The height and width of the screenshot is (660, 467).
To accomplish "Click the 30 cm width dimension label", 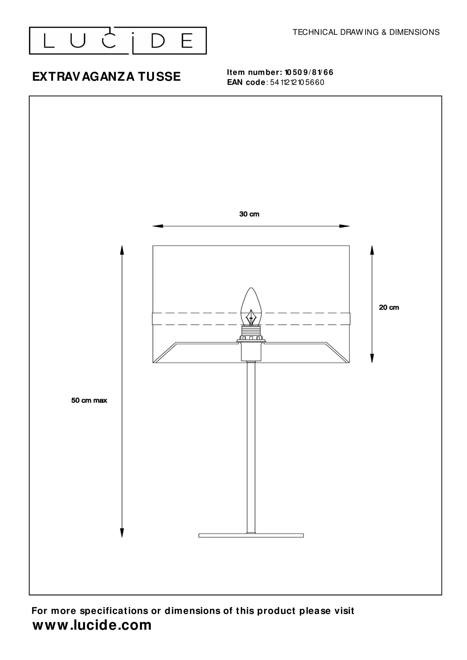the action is (x=249, y=214).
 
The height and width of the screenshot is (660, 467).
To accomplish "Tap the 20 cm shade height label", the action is (x=389, y=308).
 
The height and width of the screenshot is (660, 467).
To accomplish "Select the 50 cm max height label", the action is (x=89, y=400).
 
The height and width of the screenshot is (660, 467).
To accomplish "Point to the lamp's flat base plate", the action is (x=251, y=535).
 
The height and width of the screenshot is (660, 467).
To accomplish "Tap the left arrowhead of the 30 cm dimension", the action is (x=158, y=226).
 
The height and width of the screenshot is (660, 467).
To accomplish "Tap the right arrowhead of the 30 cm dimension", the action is (x=344, y=226).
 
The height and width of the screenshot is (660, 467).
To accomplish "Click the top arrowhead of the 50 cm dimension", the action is (x=122, y=250).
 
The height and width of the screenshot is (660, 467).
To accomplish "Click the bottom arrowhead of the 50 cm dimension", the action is (x=122, y=533).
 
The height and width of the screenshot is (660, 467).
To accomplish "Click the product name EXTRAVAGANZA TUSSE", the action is (x=106, y=77).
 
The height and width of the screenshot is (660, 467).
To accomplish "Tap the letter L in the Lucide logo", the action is (x=49, y=41).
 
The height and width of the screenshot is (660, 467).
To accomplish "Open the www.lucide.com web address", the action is (x=92, y=625).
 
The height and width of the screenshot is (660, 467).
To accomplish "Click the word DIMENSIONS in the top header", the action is (x=414, y=32).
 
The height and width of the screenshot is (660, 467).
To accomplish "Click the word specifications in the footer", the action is (x=114, y=611).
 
